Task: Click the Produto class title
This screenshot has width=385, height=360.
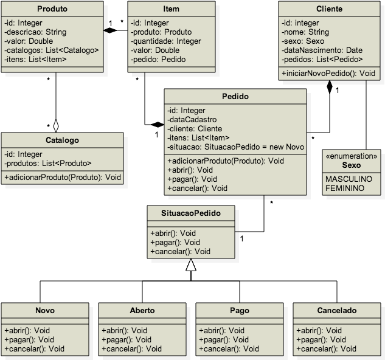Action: (x=52, y=9)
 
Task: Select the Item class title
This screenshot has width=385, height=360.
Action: (x=171, y=9)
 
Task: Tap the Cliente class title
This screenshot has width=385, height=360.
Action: (x=330, y=9)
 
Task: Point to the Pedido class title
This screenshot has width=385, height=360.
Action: (x=235, y=97)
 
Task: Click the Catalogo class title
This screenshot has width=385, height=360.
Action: (x=63, y=140)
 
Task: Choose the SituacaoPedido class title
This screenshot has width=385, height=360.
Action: (x=190, y=213)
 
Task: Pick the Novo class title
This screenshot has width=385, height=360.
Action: (x=45, y=310)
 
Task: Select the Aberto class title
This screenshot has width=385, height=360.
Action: (x=142, y=310)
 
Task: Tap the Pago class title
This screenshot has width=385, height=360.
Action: (x=240, y=310)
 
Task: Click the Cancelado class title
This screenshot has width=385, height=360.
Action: (x=337, y=310)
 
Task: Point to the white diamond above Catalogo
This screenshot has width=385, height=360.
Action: (x=56, y=126)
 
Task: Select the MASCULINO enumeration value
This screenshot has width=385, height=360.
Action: (x=349, y=180)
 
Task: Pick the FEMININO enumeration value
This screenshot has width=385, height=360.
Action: (x=345, y=189)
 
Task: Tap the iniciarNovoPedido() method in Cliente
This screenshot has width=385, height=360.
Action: (x=328, y=73)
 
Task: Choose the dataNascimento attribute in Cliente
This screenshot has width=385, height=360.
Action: (x=322, y=50)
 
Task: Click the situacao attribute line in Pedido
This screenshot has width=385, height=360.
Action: (x=235, y=147)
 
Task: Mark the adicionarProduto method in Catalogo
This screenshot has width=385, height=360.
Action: (x=63, y=177)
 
